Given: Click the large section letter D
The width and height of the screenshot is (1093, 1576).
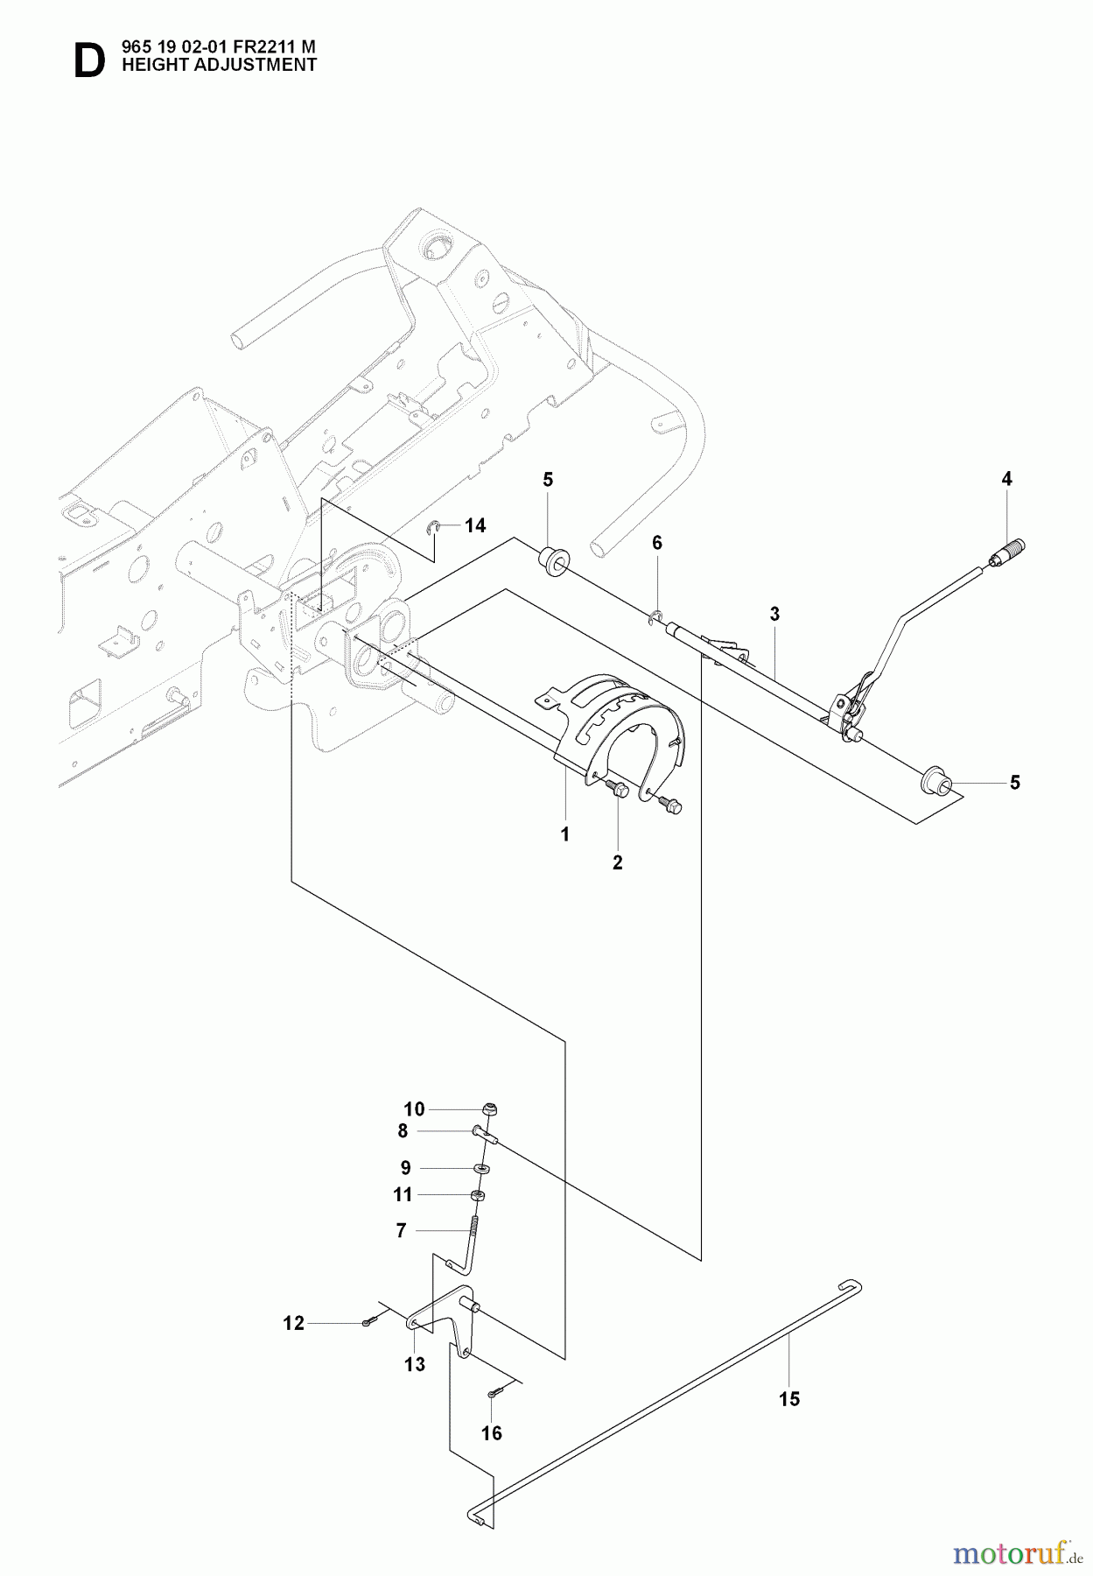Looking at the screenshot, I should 88,60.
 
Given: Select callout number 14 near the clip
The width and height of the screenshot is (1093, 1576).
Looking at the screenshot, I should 475,525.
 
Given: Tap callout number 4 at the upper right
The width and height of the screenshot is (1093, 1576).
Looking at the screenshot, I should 1006,479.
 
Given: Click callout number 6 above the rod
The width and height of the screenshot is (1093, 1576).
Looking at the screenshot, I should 657,543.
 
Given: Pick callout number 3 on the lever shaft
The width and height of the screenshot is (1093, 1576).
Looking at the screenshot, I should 774,615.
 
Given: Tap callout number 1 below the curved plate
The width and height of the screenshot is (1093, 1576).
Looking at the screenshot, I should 565,834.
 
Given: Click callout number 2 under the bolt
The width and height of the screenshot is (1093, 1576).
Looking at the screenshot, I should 618,862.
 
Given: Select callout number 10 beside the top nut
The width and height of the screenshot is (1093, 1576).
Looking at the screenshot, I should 414,1109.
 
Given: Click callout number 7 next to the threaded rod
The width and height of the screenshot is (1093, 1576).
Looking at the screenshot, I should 401,1231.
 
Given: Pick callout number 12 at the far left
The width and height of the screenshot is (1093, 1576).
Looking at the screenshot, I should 293,1323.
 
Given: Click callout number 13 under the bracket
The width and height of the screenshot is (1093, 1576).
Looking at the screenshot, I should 415,1364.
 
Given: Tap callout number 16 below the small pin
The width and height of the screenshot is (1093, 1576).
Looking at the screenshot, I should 492,1433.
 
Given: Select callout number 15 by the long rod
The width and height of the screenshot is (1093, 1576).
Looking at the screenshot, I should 789,1399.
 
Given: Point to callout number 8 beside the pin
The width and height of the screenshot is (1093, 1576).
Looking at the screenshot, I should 403,1131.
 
